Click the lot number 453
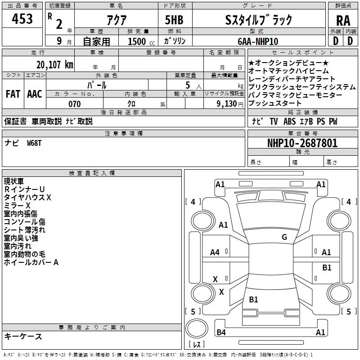(x=22, y=18)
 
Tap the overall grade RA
(x=343, y=21)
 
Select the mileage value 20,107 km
(x=54, y=65)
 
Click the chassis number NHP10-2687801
(x=302, y=143)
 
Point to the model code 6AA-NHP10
(x=258, y=41)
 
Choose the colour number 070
(x=75, y=104)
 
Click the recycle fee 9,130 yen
(x=230, y=104)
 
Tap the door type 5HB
(x=174, y=20)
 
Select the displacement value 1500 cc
(x=141, y=41)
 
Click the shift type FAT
(x=13, y=94)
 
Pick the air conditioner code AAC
(x=35, y=94)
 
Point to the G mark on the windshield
(x=284, y=237)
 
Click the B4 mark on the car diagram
(x=221, y=332)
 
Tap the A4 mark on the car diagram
(x=215, y=252)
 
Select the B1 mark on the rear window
(x=253, y=299)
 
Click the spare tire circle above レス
(x=197, y=329)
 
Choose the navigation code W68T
(x=34, y=143)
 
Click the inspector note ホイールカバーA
(x=31, y=262)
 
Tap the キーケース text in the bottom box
(x=23, y=336)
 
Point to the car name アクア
(x=117, y=20)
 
